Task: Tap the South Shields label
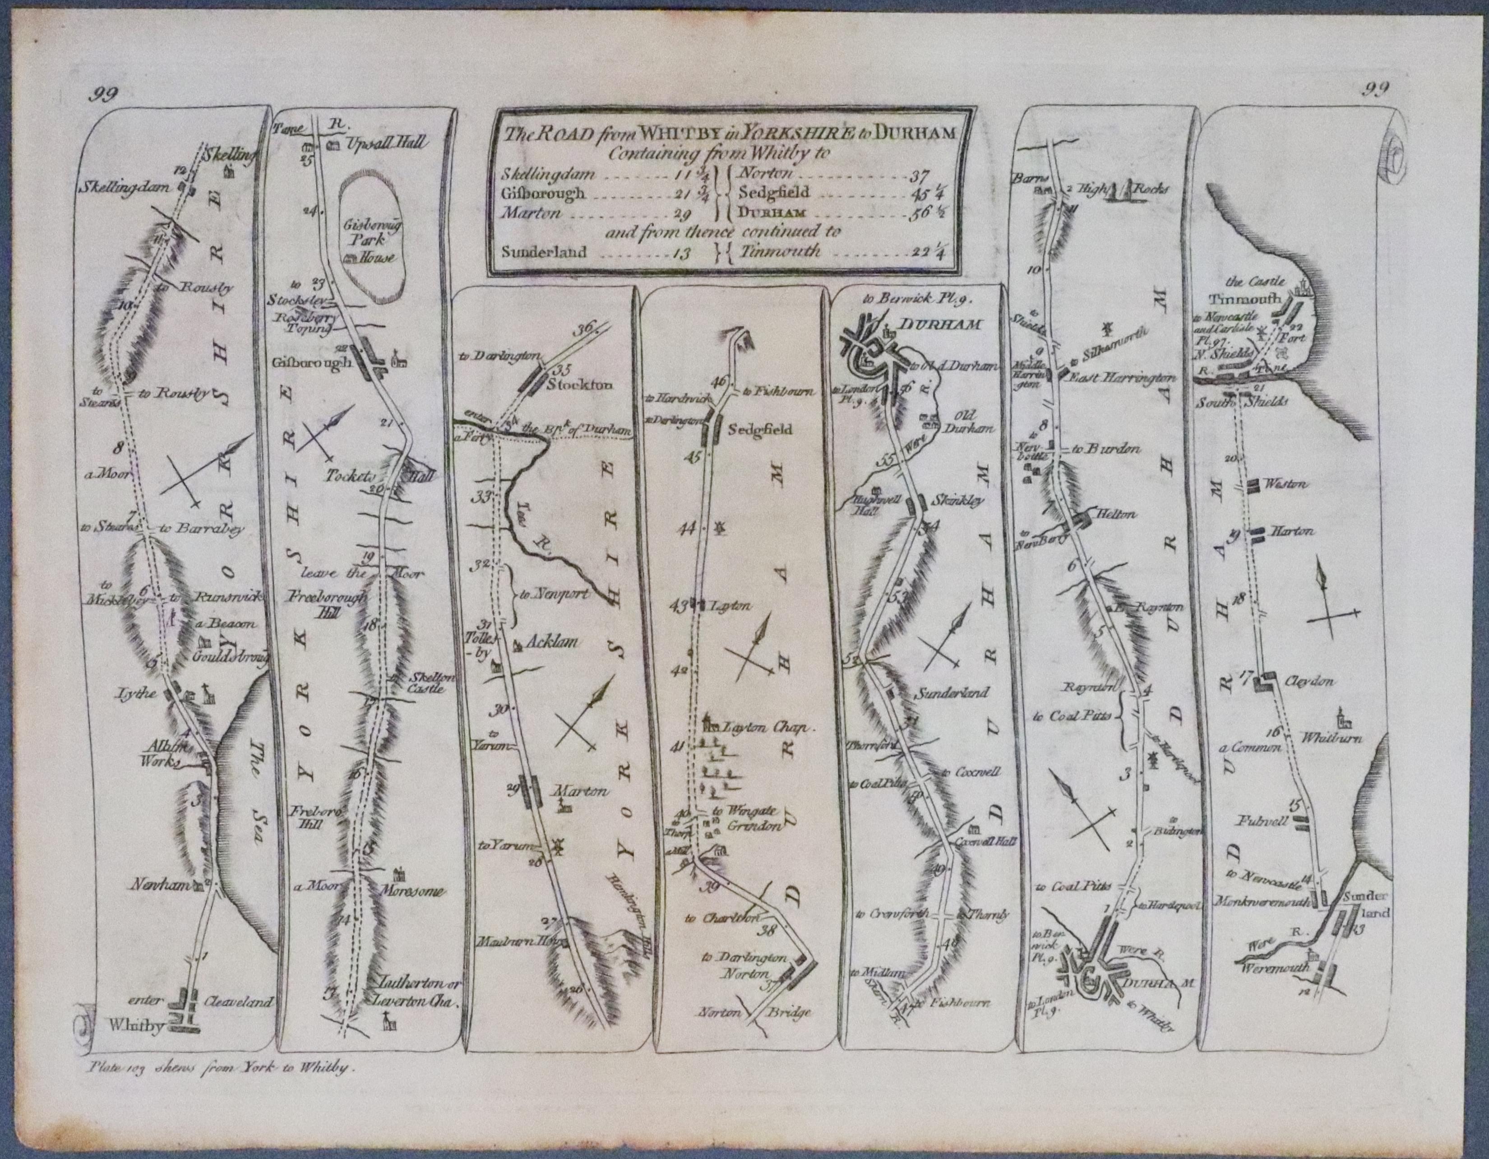coord(1254,402)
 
